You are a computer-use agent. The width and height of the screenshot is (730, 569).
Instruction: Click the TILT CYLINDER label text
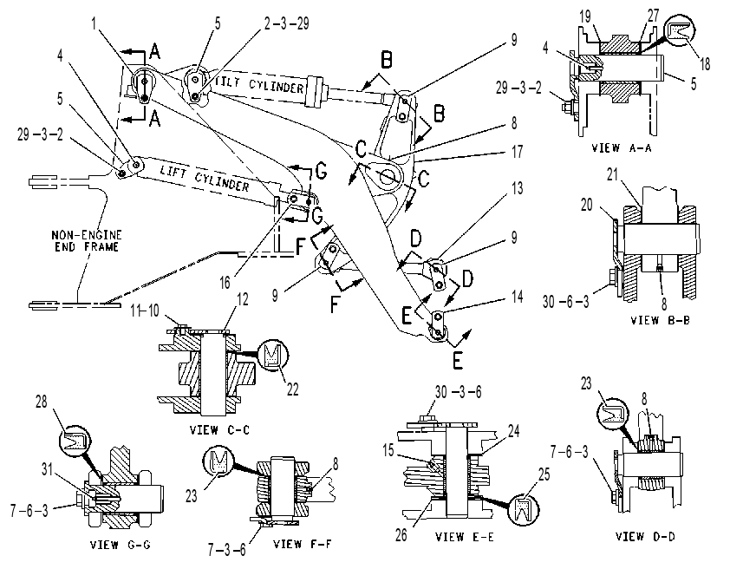pyautogui.click(x=260, y=84)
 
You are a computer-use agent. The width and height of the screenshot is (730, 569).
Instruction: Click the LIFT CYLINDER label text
pyautogui.click(x=205, y=178)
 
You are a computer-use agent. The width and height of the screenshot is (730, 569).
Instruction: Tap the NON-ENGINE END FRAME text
pyautogui.click(x=86, y=241)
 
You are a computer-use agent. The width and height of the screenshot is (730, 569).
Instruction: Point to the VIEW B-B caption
pyautogui.click(x=660, y=320)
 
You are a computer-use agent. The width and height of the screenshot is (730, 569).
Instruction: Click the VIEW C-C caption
pyautogui.click(x=219, y=429)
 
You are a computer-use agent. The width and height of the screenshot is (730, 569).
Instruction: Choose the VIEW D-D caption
pyautogui.click(x=645, y=536)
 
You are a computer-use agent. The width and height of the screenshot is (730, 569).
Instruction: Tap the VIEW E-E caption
pyautogui.click(x=464, y=537)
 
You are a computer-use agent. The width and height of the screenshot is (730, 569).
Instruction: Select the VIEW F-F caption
pyautogui.click(x=303, y=543)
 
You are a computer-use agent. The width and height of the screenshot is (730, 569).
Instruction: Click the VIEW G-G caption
pyautogui.click(x=121, y=545)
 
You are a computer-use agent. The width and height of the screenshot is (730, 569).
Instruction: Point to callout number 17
pyautogui.click(x=518, y=151)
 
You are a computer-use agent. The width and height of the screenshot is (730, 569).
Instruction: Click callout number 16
pyautogui.click(x=225, y=282)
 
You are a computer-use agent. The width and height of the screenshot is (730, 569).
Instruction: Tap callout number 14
pyautogui.click(x=518, y=296)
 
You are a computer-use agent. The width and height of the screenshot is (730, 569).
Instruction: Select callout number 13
pyautogui.click(x=518, y=188)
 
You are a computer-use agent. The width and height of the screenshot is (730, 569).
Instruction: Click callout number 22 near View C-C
pyautogui.click(x=292, y=389)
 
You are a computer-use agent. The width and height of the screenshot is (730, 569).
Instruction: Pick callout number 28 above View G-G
pyautogui.click(x=42, y=402)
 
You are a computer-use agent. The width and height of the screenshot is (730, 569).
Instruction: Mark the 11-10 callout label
pyautogui.click(x=145, y=311)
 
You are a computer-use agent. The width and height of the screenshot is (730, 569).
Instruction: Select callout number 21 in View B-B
pyautogui.click(x=612, y=174)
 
